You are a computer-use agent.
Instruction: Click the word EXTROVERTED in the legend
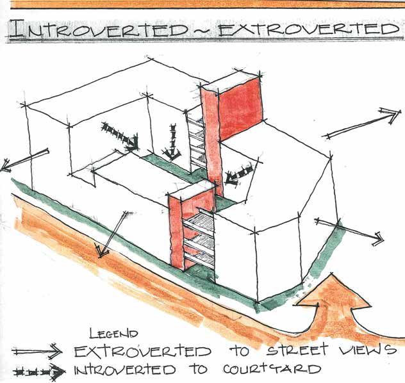[x=142, y=351]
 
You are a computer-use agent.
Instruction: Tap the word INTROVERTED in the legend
[x=125, y=370]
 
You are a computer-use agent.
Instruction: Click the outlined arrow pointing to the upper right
[x=363, y=122]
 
